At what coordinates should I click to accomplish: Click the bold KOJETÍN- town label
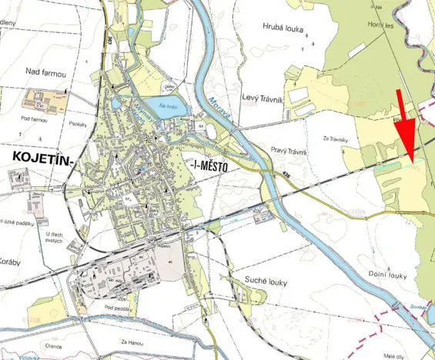42,158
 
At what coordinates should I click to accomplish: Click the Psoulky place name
76,122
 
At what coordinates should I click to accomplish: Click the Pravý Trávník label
289,152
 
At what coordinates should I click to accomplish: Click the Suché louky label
265,282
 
